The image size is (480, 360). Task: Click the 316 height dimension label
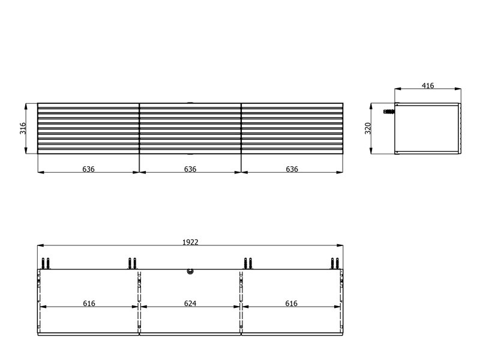[23, 128]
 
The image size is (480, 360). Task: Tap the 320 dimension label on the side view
[368, 128]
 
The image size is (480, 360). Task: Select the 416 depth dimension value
[428, 86]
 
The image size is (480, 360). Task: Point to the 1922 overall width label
[190, 242]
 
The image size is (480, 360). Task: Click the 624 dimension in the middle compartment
[190, 304]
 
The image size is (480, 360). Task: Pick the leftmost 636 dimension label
[88, 169]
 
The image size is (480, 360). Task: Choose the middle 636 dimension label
[190, 169]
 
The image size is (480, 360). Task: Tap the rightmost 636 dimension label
[292, 169]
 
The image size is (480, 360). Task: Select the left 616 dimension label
[89, 304]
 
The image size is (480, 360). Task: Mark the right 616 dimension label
[291, 304]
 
